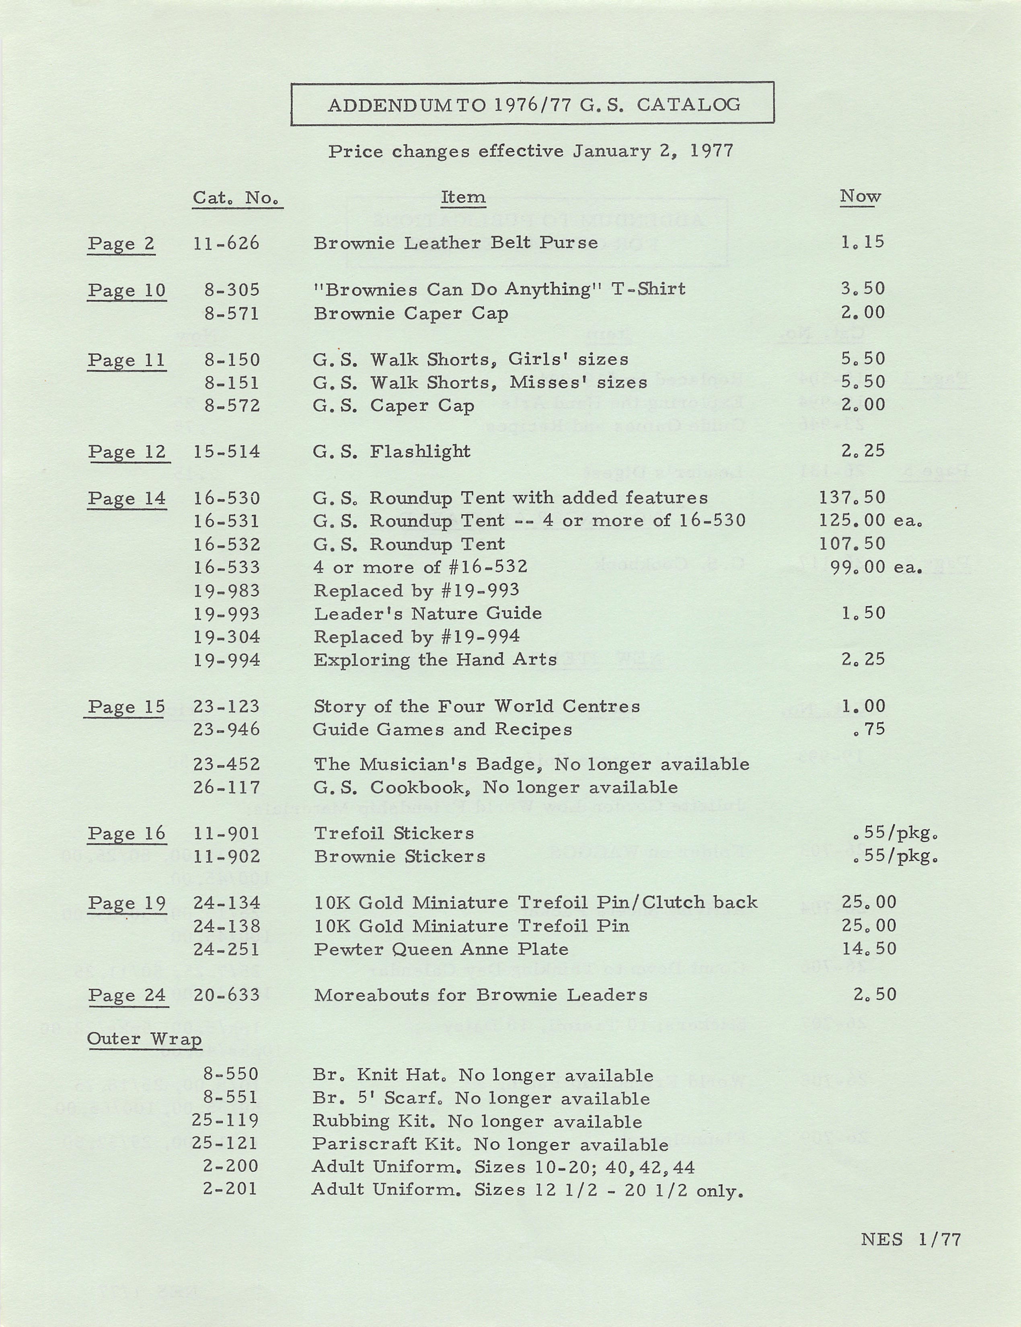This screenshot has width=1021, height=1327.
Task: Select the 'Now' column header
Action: (x=860, y=196)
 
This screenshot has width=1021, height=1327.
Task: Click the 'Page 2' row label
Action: (x=121, y=244)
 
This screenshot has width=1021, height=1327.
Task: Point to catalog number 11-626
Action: (x=226, y=243)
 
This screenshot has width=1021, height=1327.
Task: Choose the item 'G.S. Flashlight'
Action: (x=392, y=451)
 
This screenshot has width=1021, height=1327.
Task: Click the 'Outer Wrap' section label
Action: (x=144, y=1039)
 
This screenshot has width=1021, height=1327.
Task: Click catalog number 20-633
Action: (x=226, y=995)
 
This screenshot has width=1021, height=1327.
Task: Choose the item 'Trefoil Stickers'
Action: (x=394, y=833)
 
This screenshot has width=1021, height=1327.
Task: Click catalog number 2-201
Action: (x=231, y=1189)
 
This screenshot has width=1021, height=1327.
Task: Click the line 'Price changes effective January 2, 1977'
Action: (x=531, y=151)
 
